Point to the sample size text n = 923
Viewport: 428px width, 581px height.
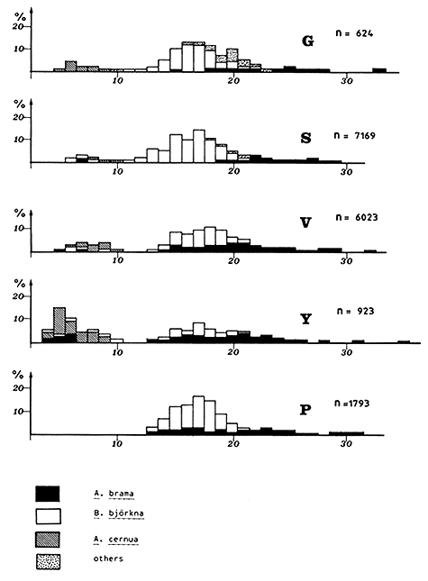359,312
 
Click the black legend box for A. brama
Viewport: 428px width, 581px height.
48,494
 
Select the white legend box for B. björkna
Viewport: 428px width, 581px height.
48,516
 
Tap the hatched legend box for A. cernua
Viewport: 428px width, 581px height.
48,538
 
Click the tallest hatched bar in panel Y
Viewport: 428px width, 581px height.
59,320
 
